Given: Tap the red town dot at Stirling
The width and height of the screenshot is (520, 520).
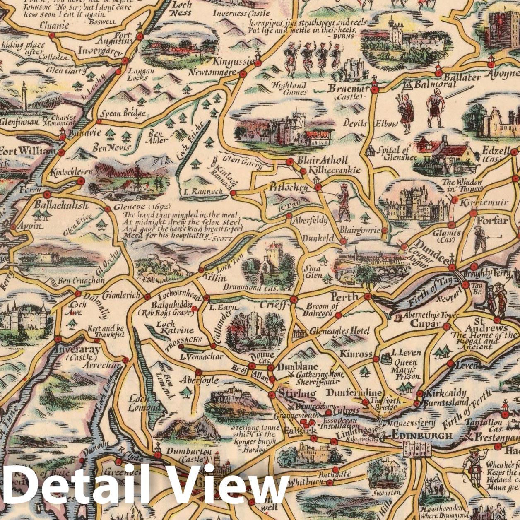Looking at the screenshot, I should tap(272, 395).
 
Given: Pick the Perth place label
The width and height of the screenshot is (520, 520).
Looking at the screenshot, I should tap(344, 296).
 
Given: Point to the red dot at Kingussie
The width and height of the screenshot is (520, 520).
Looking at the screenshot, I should tap(258, 63).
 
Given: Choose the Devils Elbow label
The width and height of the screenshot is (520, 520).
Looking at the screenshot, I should tap(370, 123).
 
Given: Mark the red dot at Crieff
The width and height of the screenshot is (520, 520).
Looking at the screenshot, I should tap(294, 299).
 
